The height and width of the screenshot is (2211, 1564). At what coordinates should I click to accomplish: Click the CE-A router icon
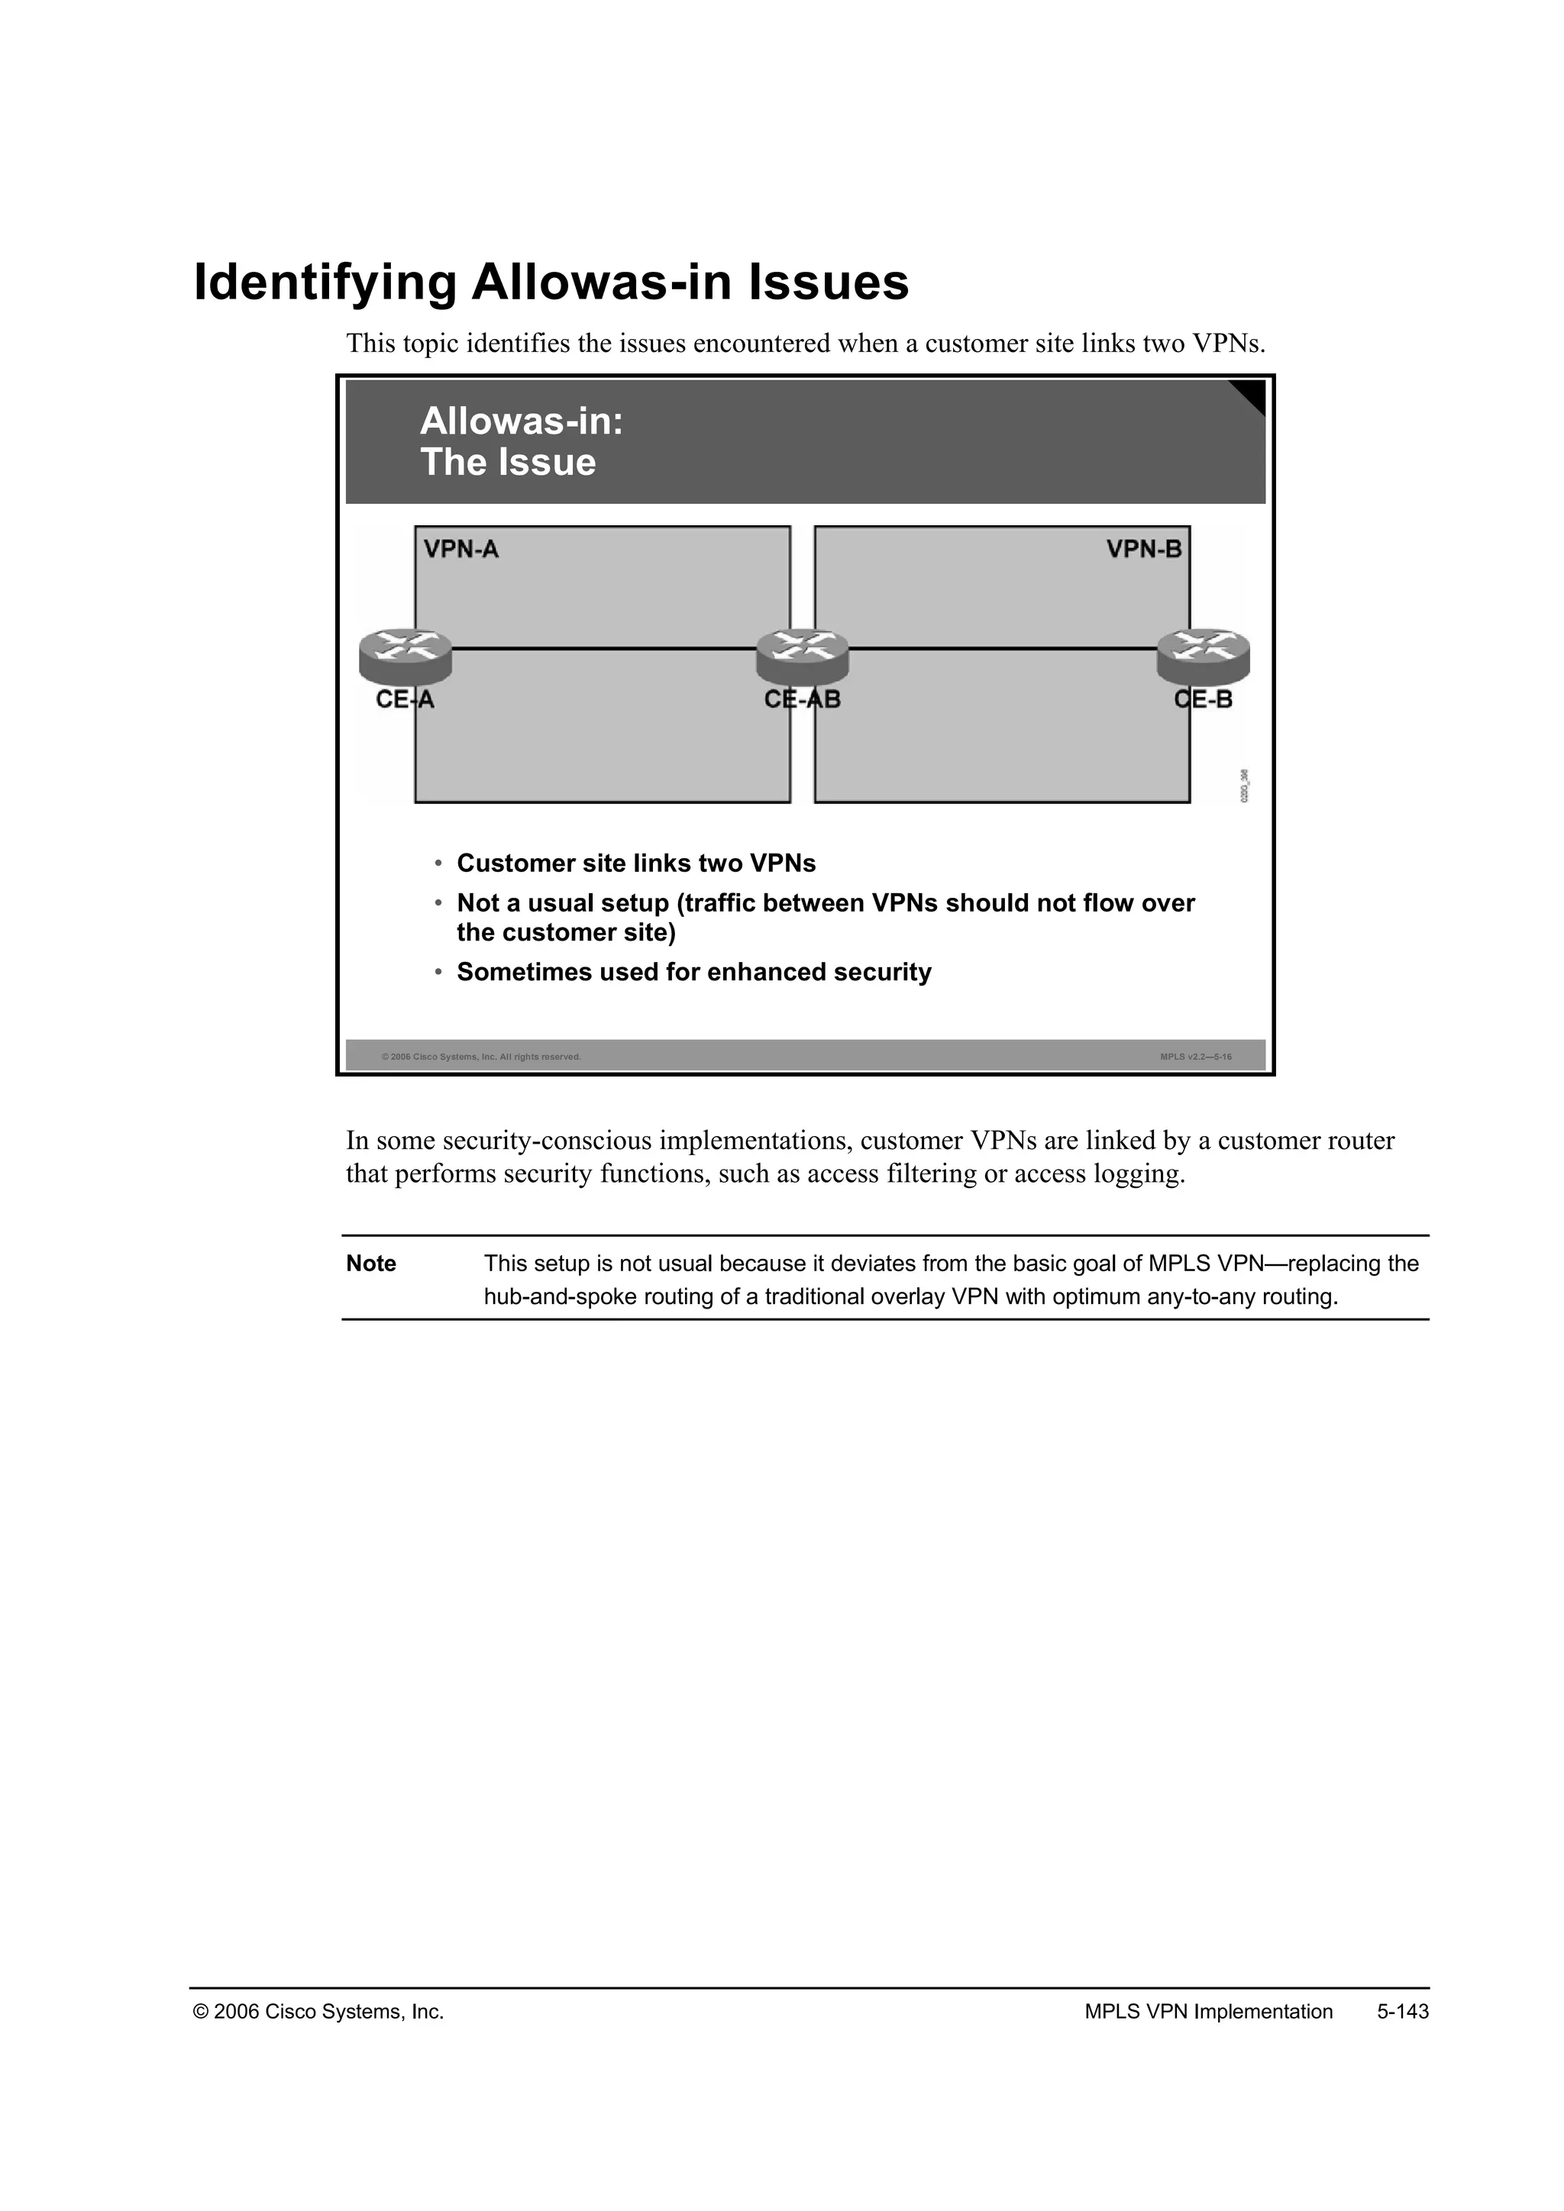coord(406,654)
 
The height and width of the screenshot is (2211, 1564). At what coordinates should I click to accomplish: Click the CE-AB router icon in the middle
coord(802,654)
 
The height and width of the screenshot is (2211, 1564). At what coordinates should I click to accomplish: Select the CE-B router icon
coord(1203,654)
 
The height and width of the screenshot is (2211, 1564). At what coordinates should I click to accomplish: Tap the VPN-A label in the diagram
coord(461,550)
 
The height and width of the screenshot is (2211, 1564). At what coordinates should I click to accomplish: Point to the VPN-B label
coord(1143,550)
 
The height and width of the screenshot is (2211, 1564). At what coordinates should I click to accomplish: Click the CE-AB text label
coord(802,700)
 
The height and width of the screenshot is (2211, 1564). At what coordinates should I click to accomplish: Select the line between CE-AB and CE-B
coord(1002,649)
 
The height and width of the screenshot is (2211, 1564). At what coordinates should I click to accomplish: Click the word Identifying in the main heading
coord(325,283)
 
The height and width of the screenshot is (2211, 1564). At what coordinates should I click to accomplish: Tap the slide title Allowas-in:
coord(521,421)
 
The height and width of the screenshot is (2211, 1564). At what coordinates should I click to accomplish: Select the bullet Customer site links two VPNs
coord(635,863)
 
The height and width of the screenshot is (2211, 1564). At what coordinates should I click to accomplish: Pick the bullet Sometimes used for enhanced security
coord(693,973)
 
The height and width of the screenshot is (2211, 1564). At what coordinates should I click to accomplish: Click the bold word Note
coord(371,1264)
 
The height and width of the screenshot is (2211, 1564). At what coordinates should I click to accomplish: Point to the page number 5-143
coord(1402,2012)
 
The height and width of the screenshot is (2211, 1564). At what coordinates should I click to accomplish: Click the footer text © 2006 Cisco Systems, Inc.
coord(318,2012)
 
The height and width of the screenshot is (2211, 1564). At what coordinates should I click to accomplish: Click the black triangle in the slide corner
coord(1252,394)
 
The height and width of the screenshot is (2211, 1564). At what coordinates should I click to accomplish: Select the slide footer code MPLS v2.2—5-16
coord(1195,1057)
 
